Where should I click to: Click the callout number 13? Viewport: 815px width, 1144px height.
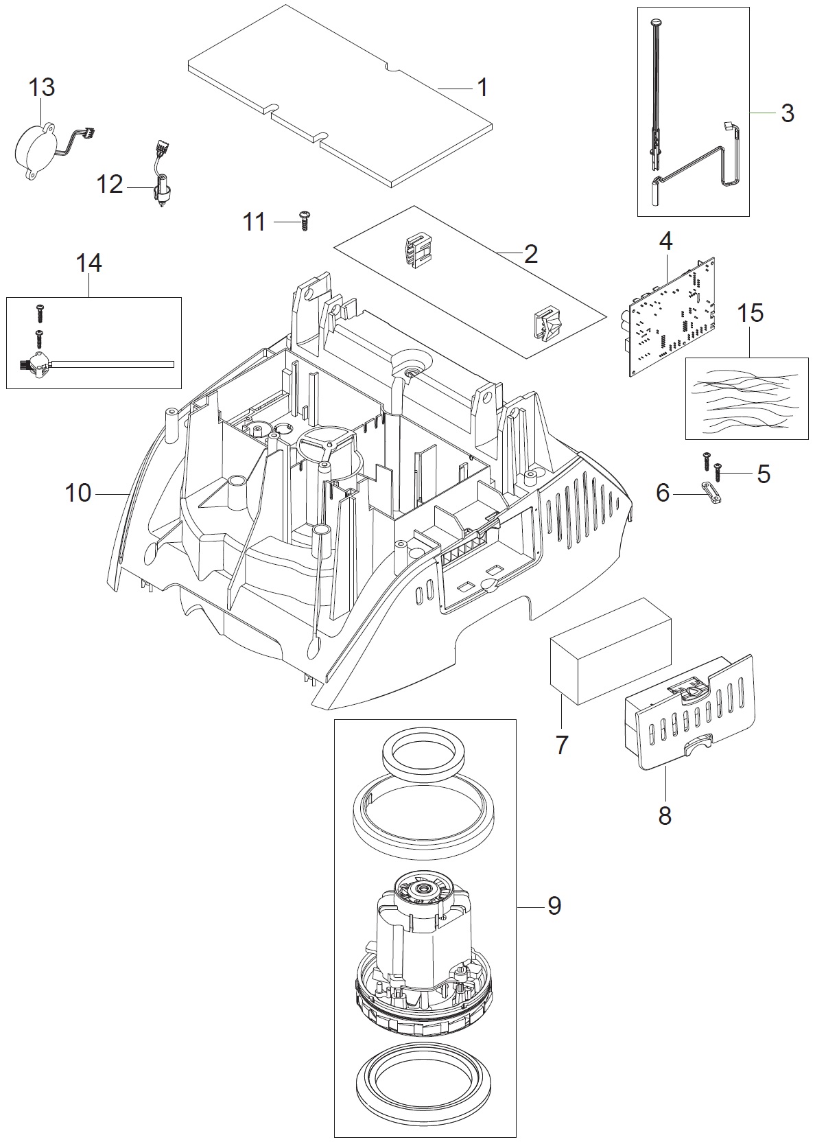[x=42, y=88]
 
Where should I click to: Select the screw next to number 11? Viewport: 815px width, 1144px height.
[x=305, y=220]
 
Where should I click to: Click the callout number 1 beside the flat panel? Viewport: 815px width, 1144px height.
[x=482, y=88]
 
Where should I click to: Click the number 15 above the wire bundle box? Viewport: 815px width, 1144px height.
[x=750, y=314]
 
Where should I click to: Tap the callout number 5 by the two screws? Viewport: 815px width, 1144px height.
[x=763, y=474]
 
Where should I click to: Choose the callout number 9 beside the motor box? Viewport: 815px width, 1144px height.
[x=554, y=906]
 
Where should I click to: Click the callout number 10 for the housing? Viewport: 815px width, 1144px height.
[x=78, y=493]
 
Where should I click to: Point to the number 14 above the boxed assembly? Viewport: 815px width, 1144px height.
[x=88, y=264]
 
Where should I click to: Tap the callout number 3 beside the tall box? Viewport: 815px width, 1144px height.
[x=787, y=113]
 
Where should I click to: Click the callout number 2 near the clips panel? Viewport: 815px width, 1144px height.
[x=530, y=255]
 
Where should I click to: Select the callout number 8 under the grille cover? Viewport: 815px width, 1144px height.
[x=664, y=817]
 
